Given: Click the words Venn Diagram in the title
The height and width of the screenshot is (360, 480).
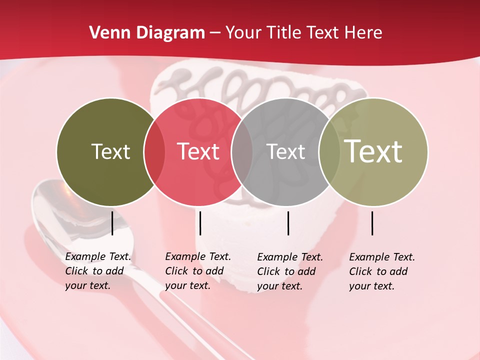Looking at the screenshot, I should [x=147, y=33].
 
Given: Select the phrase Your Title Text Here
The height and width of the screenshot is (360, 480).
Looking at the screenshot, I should [x=303, y=33].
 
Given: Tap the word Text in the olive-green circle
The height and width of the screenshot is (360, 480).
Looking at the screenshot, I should [x=110, y=151].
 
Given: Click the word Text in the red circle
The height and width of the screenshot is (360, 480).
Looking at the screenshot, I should [x=198, y=151].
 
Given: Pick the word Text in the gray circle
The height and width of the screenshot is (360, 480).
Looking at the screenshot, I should [x=285, y=151].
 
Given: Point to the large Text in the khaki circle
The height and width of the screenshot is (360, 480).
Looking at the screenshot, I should [x=373, y=151].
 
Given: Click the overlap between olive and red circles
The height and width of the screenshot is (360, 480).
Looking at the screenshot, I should [x=154, y=152].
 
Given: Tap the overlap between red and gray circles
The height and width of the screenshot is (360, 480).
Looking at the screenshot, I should [x=242, y=152].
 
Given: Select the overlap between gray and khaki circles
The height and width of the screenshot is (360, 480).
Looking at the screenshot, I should [x=329, y=152].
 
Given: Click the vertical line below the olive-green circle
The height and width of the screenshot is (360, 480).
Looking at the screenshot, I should [x=112, y=223].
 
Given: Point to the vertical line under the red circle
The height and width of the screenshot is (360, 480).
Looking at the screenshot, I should [x=200, y=223].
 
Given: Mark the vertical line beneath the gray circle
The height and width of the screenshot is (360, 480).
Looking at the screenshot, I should [x=288, y=223].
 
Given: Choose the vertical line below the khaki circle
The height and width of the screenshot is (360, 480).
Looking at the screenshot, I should [x=372, y=223].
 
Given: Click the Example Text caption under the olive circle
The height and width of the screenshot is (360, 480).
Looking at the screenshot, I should [x=97, y=271].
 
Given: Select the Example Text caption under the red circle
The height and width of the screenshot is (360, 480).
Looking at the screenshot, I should [x=197, y=271].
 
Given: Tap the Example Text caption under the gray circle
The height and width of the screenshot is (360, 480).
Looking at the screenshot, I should [x=289, y=271].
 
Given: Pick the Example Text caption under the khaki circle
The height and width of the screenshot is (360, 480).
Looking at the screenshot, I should [x=381, y=271].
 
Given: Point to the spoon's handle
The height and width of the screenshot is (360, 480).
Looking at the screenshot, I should [x=165, y=310].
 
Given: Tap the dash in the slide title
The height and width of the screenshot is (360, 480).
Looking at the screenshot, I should [x=215, y=33].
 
